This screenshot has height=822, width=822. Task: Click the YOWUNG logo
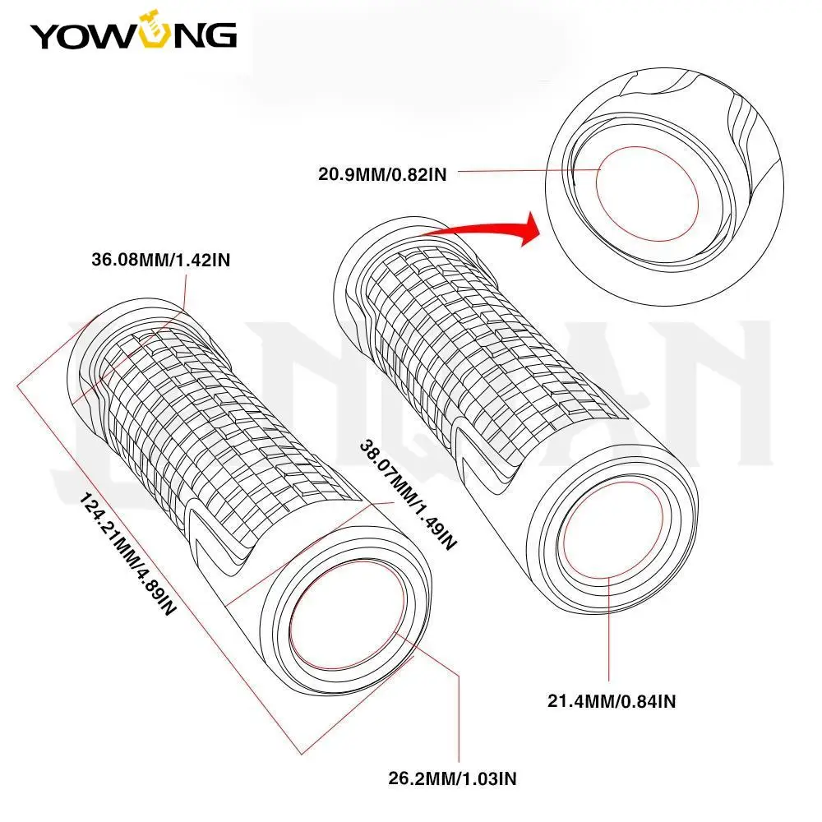click(x=134, y=35)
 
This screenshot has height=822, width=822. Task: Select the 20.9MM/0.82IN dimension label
click(x=381, y=173)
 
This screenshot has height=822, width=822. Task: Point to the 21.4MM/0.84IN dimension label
click(x=612, y=701)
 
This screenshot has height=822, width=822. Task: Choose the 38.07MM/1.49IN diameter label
click(x=408, y=493)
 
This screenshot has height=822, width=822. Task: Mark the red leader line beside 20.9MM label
click(x=526, y=170)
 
